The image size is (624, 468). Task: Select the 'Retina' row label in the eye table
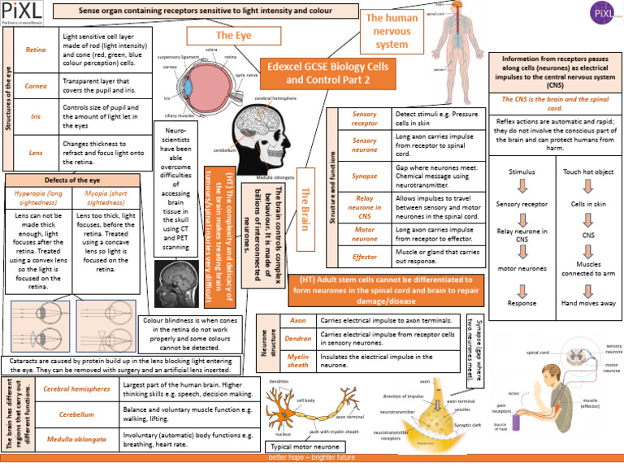[36, 50]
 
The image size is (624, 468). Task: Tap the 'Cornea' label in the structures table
[36, 85]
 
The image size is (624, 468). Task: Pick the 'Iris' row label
[36, 116]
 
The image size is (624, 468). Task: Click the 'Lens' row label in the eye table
[36, 152]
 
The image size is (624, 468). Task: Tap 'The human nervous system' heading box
[392, 31]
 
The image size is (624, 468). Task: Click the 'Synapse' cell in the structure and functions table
[364, 175]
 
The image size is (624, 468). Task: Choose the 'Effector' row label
[364, 257]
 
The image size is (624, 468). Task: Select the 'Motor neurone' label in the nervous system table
[364, 233]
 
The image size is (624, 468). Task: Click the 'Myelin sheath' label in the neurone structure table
[298, 361]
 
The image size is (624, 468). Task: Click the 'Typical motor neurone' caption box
[305, 447]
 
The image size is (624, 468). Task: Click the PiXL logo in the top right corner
[602, 16]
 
